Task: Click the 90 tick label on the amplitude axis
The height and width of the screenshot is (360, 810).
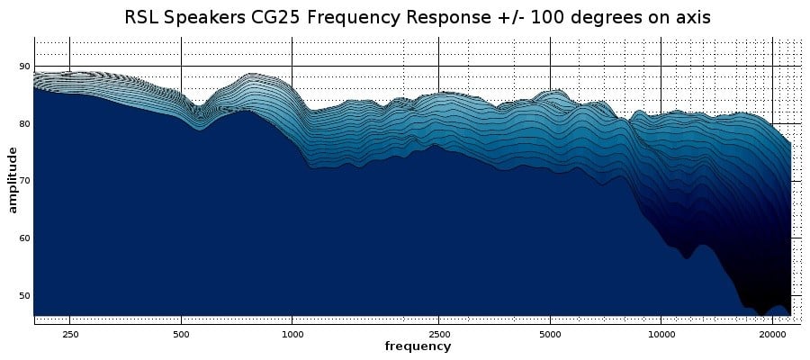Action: coord(24,67)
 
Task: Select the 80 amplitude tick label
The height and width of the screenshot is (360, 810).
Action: coord(24,123)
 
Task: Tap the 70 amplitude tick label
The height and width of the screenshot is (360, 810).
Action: coord(24,181)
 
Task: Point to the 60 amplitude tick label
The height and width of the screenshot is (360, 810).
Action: coord(24,238)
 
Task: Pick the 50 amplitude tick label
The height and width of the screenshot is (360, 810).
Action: coord(24,295)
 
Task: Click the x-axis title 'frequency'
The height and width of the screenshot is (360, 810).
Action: coord(418,346)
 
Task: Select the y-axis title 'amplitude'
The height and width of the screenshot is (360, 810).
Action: coord(12,181)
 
